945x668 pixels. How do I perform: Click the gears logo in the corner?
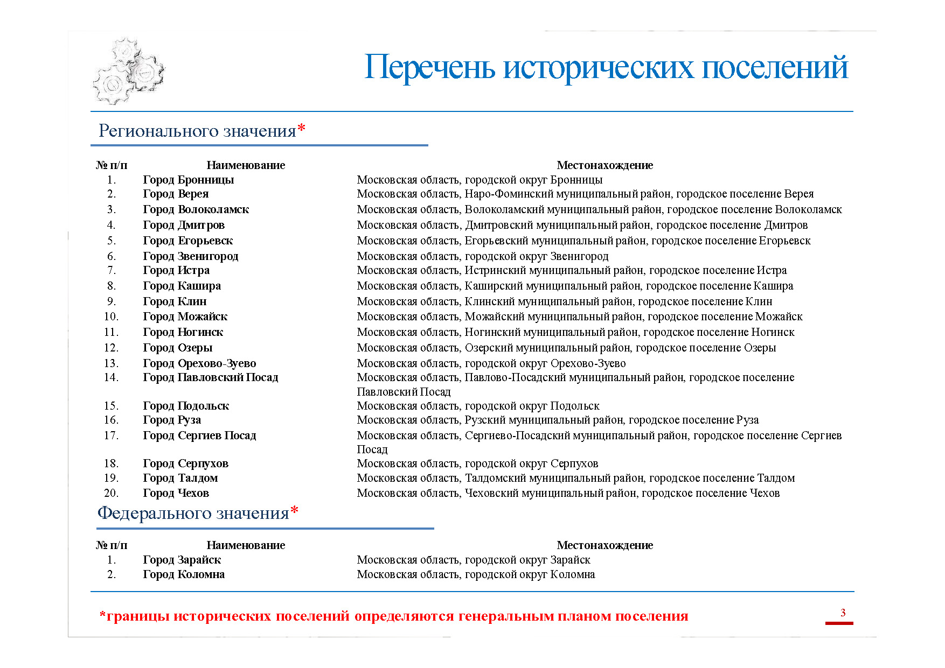click(128, 71)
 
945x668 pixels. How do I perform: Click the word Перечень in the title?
click(429, 68)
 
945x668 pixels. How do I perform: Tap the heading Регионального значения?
click(197, 131)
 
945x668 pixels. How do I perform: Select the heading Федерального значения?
click(193, 513)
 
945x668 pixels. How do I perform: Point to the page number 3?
click(843, 613)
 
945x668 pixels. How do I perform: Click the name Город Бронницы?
click(188, 180)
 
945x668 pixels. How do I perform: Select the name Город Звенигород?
click(190, 256)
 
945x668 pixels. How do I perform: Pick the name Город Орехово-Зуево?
click(199, 363)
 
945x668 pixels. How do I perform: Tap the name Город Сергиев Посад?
click(199, 435)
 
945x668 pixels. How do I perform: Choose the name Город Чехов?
click(176, 493)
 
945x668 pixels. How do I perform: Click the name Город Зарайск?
click(182, 560)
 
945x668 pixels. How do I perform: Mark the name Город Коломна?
click(184, 574)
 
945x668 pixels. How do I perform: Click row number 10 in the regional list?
click(111, 317)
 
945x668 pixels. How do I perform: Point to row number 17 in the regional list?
click(111, 435)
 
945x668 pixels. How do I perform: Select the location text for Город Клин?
click(564, 301)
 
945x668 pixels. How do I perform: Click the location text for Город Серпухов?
click(477, 463)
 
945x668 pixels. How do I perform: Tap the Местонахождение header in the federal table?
click(604, 545)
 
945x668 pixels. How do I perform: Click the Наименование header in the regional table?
click(246, 165)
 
